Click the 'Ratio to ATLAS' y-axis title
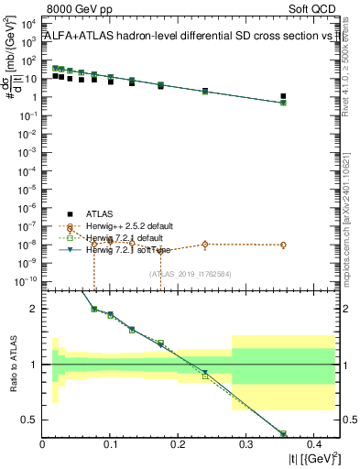(12, 365)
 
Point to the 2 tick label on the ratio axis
(34, 310)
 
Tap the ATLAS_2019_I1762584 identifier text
(191, 273)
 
